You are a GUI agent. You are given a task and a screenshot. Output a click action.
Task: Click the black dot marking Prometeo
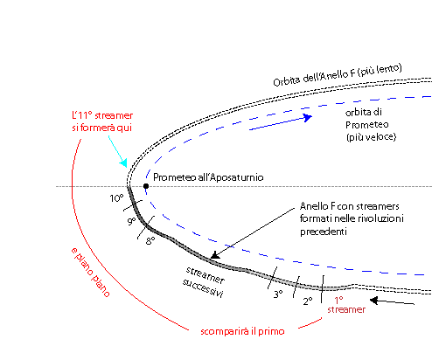coord(146,186)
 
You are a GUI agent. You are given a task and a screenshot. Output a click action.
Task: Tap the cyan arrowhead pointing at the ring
coord(124,163)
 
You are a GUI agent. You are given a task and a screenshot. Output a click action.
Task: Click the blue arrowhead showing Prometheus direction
coord(307,117)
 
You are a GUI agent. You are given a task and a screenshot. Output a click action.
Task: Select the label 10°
coord(116,198)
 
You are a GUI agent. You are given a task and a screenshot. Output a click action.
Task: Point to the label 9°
coord(132,221)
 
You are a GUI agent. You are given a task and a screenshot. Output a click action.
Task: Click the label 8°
coord(150,241)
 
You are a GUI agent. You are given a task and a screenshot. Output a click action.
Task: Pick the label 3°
coord(278,294)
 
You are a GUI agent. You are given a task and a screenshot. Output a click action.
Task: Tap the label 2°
coord(308,301)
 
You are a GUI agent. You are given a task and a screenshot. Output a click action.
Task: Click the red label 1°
coord(338,300)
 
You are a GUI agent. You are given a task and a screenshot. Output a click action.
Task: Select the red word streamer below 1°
coord(346,309)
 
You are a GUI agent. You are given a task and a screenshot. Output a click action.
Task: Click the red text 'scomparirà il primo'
coord(242,331)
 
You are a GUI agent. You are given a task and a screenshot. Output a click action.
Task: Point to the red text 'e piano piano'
coord(91,273)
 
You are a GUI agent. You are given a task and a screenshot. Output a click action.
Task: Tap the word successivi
coord(203,288)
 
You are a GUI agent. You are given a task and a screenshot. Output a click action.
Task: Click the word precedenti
coord(324,232)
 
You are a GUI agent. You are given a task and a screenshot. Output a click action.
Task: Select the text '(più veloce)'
coord(372,137)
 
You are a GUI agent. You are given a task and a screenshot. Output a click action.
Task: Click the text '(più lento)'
coord(380,71)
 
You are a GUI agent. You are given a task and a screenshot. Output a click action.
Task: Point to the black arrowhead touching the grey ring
coord(215,255)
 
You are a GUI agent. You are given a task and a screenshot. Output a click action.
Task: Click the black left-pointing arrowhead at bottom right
coord(374,301)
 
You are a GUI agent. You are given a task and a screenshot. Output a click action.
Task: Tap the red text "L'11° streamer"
coord(102,115)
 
